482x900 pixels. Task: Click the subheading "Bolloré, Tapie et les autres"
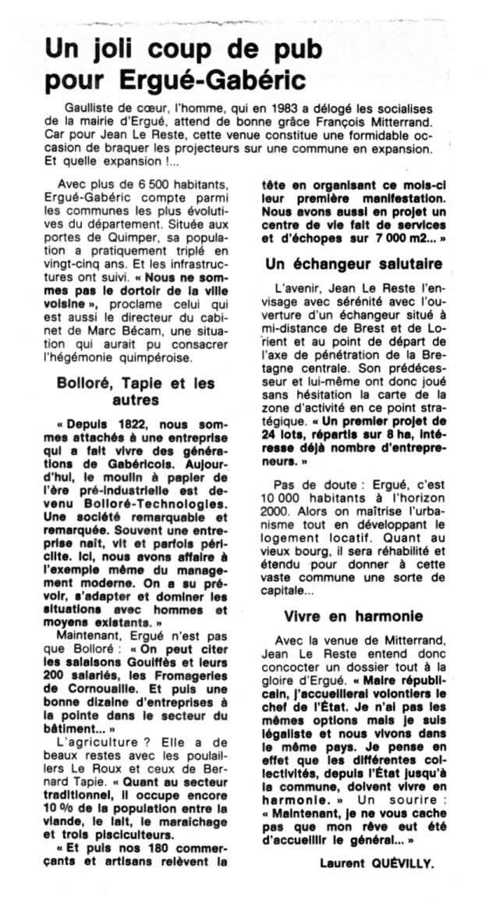(x=136, y=392)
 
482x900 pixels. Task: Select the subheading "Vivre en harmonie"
(x=353, y=616)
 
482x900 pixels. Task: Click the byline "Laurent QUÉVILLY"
(x=377, y=863)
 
